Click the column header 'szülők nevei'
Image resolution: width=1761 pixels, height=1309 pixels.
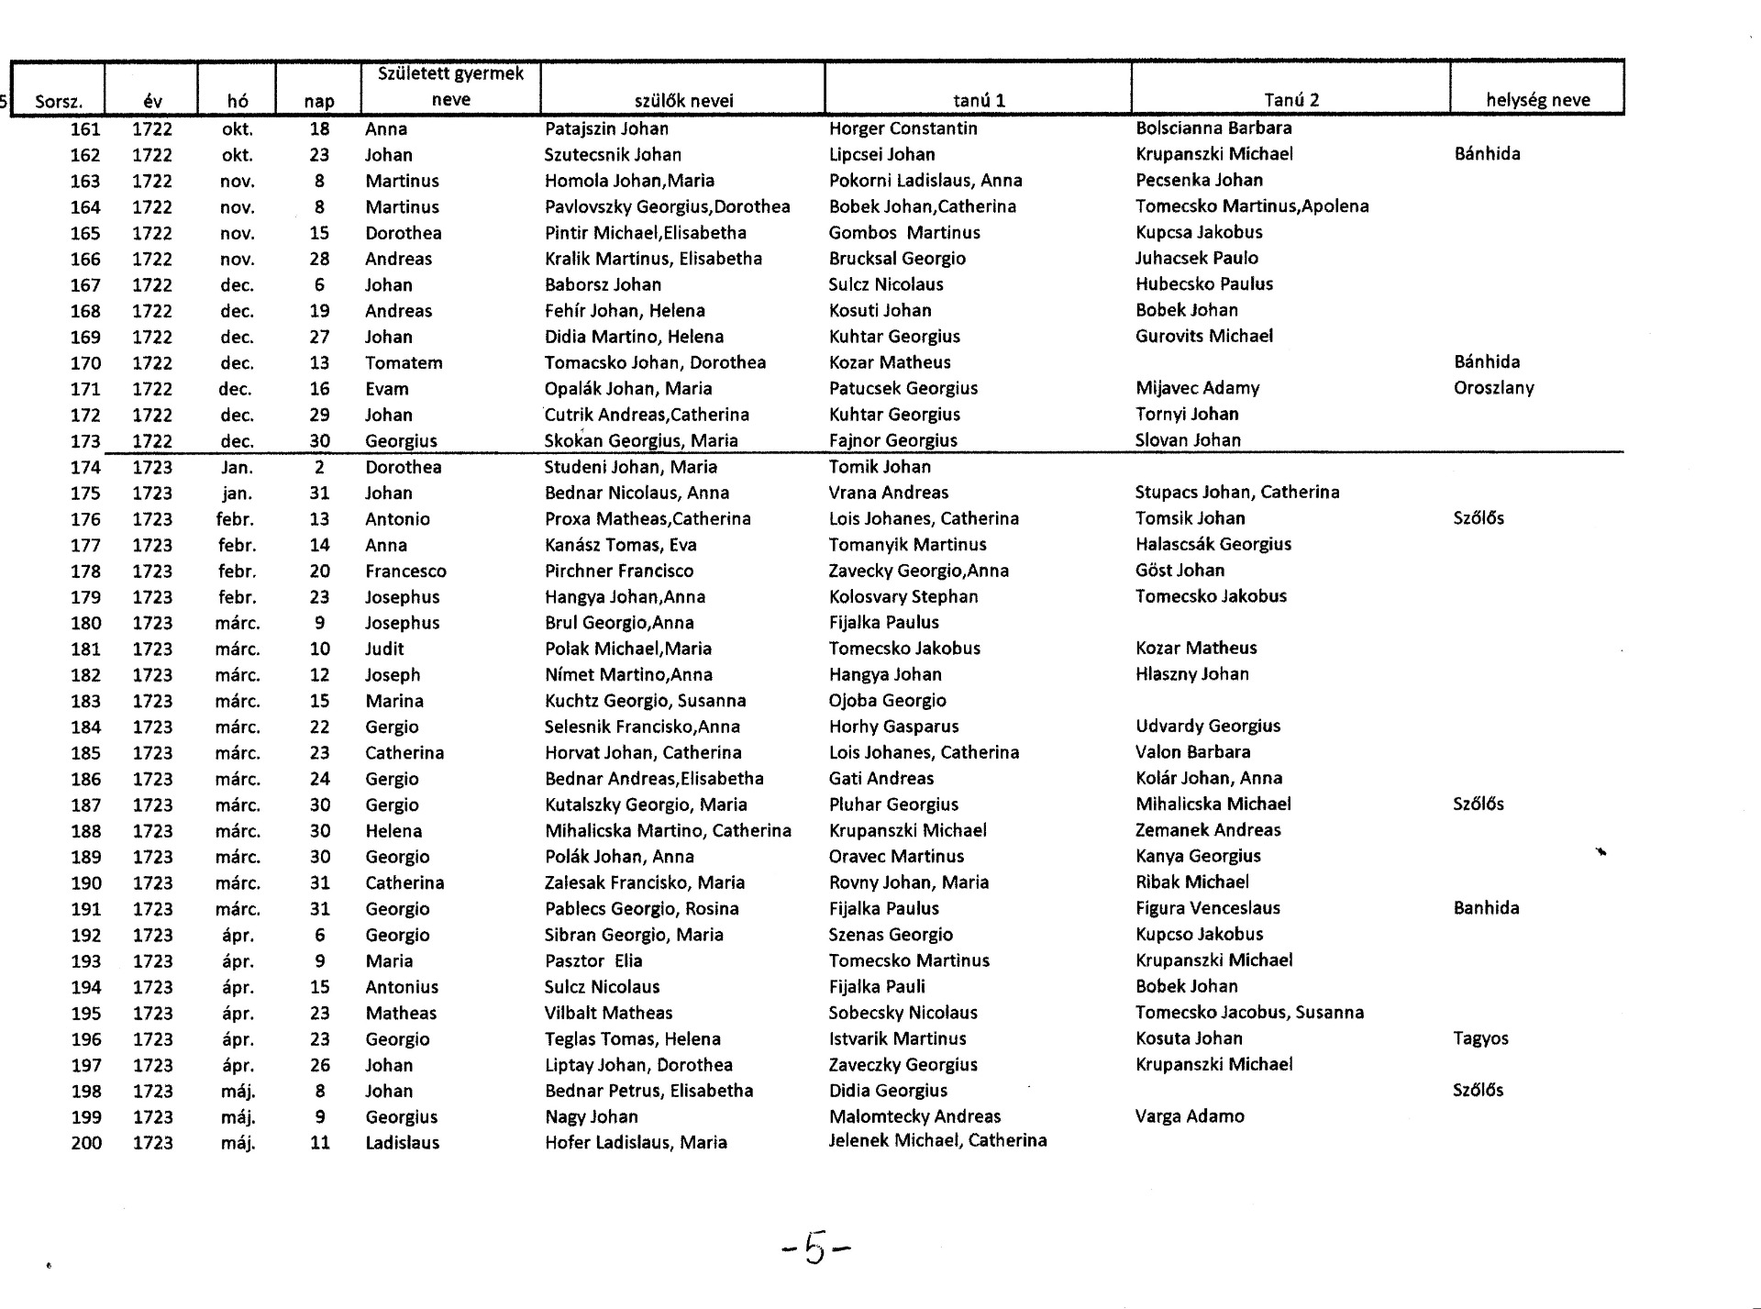pyautogui.click(x=683, y=101)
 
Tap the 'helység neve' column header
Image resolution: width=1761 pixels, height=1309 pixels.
pyautogui.click(x=1537, y=100)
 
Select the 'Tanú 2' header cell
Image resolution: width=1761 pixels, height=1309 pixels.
pyautogui.click(x=1290, y=100)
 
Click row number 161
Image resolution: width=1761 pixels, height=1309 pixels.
pyautogui.click(x=85, y=129)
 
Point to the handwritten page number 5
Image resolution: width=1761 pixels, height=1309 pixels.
pyautogui.click(x=815, y=1248)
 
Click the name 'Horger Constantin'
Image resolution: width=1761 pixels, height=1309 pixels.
pyautogui.click(x=903, y=128)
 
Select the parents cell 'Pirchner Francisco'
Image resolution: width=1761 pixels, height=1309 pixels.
pyautogui.click(x=619, y=571)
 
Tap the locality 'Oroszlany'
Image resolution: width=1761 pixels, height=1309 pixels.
pyautogui.click(x=1493, y=388)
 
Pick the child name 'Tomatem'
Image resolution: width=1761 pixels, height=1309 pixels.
pyautogui.click(x=404, y=362)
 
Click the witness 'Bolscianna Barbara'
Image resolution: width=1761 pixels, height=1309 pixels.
pyautogui.click(x=1213, y=128)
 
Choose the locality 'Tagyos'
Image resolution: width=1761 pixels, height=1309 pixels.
pyautogui.click(x=1480, y=1038)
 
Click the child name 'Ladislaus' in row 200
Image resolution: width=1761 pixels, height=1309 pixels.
pyautogui.click(x=402, y=1143)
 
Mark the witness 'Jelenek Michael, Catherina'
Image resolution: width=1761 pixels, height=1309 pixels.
pyautogui.click(x=937, y=1141)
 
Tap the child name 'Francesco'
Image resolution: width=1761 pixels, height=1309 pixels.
pyautogui.click(x=405, y=571)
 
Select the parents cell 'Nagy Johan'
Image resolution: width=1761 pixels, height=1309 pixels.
pyautogui.click(x=591, y=1116)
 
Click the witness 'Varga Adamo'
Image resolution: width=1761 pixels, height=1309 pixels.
pyautogui.click(x=1190, y=1116)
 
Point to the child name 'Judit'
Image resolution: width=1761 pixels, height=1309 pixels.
pyautogui.click(x=384, y=649)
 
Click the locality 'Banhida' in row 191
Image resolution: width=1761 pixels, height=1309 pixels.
pyautogui.click(x=1486, y=908)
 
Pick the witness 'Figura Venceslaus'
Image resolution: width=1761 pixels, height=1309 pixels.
pyautogui.click(x=1207, y=908)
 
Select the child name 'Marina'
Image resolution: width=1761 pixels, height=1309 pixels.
pyautogui.click(x=394, y=701)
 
